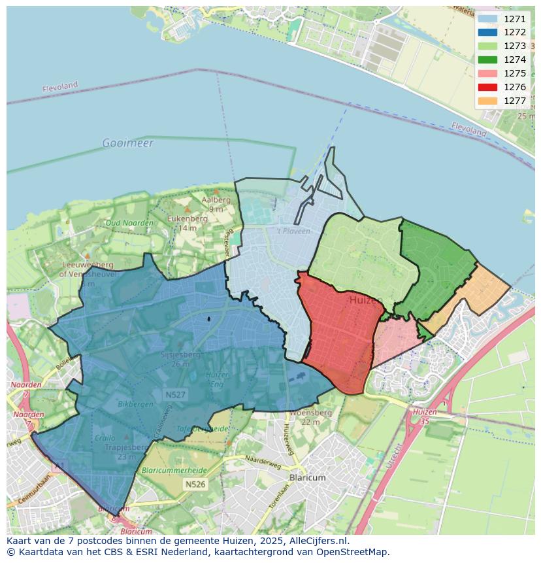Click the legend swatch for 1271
click(487, 19)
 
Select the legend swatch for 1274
click(487, 60)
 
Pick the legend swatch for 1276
click(487, 87)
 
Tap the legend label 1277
click(515, 101)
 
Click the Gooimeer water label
click(127, 143)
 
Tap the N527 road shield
click(175, 395)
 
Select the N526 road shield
click(195, 485)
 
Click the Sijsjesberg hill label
click(181, 355)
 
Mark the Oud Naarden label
click(129, 223)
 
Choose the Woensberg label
click(310, 413)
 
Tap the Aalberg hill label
click(216, 200)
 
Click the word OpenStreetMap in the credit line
click(353, 551)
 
